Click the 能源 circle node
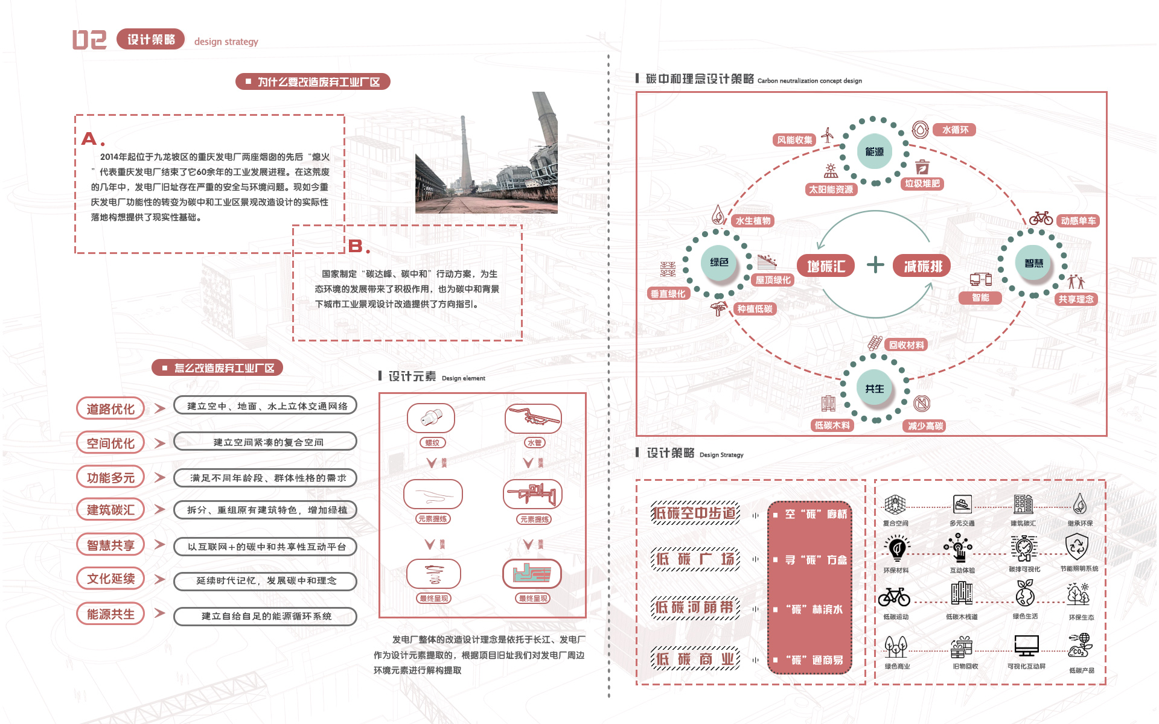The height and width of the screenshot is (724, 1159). click(x=874, y=151)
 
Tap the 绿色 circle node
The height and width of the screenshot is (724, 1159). click(x=719, y=262)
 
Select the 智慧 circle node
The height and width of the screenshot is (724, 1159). click(x=1033, y=263)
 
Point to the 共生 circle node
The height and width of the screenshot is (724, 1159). click(x=874, y=389)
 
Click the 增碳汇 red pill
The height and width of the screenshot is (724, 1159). click(x=826, y=266)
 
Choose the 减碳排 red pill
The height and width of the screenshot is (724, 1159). click(x=922, y=266)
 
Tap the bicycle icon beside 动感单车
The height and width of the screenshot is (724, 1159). click(x=1041, y=218)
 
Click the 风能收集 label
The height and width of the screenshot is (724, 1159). click(x=794, y=140)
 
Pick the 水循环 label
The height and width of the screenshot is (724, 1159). click(x=955, y=130)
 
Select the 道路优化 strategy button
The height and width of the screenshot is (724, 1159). click(x=110, y=408)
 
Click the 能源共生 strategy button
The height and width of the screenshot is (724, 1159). click(x=110, y=614)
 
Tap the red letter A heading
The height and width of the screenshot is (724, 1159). click(x=89, y=139)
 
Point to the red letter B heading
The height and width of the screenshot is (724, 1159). click(x=356, y=246)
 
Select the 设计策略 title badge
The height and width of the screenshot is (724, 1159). click(x=151, y=39)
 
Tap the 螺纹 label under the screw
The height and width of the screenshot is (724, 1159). click(x=432, y=443)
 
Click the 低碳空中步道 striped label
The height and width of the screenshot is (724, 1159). click(x=695, y=513)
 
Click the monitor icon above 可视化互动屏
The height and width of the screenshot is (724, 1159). click(x=1026, y=646)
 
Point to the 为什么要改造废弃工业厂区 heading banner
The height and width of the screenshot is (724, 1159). click(x=313, y=81)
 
